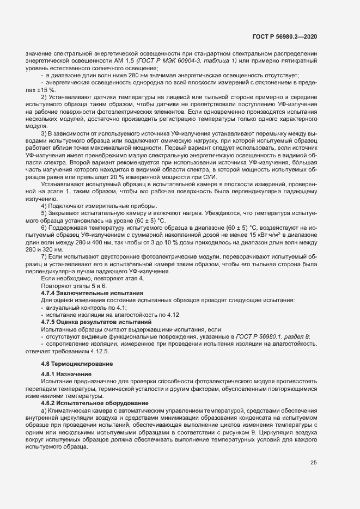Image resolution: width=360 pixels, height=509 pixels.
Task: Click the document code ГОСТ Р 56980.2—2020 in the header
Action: coord(284,36)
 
